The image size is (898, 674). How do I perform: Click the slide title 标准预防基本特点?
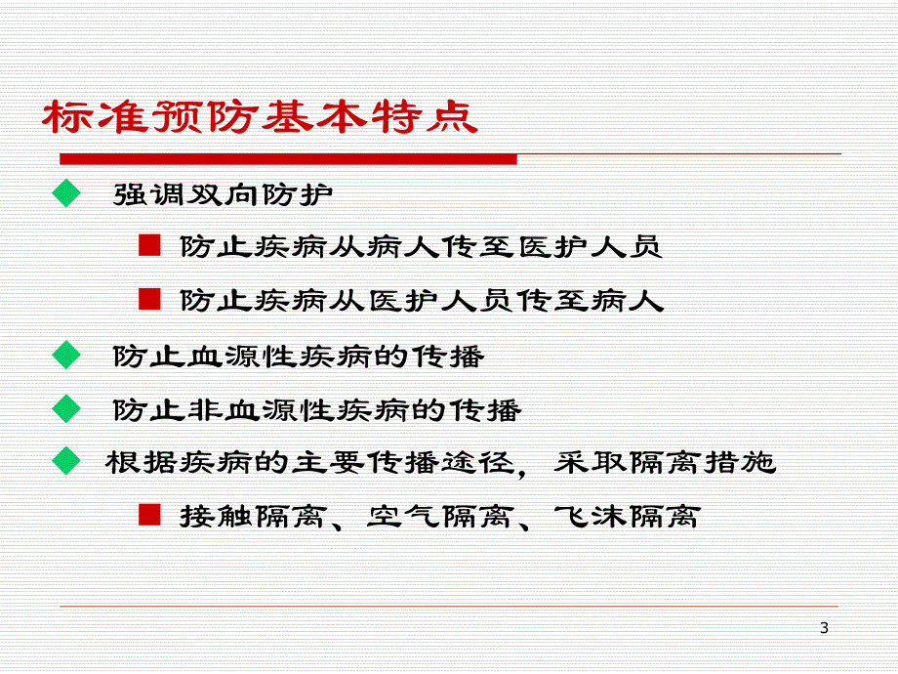[x=260, y=119]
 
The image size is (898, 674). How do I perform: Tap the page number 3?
[x=824, y=628]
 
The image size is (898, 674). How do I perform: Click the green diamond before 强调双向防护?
[x=67, y=193]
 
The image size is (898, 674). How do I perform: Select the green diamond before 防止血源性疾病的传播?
[x=67, y=355]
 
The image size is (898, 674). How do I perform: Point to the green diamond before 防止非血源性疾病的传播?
[x=67, y=408]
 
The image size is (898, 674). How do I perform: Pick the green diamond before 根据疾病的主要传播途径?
[x=67, y=461]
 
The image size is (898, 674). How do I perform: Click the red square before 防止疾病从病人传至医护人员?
[x=148, y=245]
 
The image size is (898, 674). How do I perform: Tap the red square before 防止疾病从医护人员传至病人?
[x=148, y=299]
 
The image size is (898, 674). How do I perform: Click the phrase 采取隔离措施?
[x=665, y=462]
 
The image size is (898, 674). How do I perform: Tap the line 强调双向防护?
[x=224, y=193]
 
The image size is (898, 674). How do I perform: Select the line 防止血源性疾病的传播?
[x=299, y=356]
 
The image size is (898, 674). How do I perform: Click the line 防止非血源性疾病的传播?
[x=317, y=409]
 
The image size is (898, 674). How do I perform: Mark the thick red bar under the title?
[x=288, y=158]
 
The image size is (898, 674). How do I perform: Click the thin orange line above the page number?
[x=449, y=606]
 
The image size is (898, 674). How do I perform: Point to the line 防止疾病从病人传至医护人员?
[x=421, y=246]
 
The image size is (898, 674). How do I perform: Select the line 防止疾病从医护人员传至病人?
[x=421, y=300]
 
